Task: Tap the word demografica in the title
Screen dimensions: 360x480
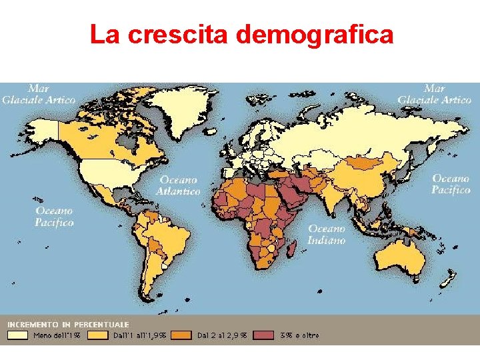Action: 314,35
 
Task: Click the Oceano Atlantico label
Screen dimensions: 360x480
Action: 179,185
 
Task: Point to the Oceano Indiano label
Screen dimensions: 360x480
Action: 327,234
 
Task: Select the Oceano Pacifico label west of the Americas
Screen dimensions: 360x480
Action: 55,217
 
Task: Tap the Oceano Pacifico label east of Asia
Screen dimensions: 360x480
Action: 451,184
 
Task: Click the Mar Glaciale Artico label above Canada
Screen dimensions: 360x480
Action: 38,94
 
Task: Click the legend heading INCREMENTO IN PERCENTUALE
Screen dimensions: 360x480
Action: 68,324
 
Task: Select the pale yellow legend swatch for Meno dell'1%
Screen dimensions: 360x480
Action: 17,335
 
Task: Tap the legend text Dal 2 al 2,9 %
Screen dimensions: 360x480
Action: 222,335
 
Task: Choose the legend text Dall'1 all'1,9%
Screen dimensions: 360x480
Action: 140,335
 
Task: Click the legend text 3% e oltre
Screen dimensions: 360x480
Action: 300,335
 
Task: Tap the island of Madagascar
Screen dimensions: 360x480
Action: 291,247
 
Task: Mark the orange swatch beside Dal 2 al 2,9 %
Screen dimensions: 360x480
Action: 181,335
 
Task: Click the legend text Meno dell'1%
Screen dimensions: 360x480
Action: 57,335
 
